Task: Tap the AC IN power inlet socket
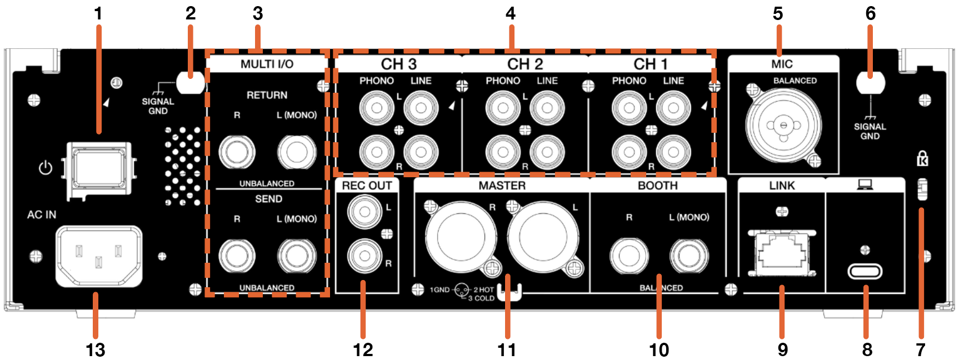[x=99, y=256]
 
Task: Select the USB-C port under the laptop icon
[x=865, y=271]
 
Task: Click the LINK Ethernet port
[x=782, y=253]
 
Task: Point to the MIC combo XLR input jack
[x=783, y=125]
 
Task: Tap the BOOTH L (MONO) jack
[x=689, y=256]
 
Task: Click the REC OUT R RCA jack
[x=365, y=255]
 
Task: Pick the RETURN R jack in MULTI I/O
[x=237, y=152]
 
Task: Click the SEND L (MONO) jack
[x=297, y=256]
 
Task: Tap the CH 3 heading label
[x=398, y=64]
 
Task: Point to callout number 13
[x=96, y=350]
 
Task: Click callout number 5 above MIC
[x=778, y=14]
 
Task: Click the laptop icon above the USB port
[x=865, y=185]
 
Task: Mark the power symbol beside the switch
[x=46, y=168]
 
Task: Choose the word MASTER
[x=502, y=186]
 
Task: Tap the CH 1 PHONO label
[x=629, y=81]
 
